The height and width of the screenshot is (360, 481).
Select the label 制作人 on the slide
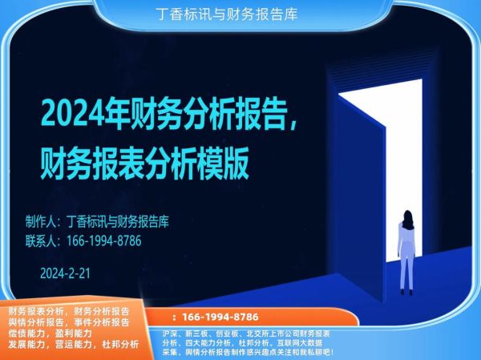[41, 220]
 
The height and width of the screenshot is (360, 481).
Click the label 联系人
[41, 240]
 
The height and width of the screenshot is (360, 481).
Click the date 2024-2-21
[64, 273]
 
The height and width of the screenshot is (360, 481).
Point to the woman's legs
[407, 273]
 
